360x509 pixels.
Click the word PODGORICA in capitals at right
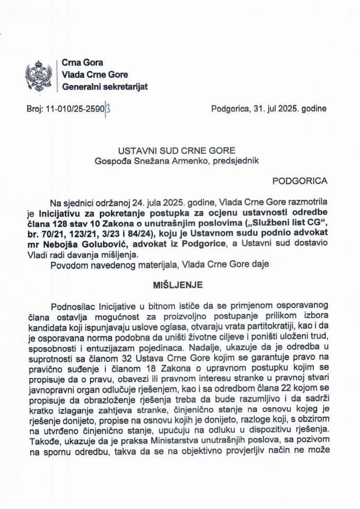pyautogui.click(x=300, y=181)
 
